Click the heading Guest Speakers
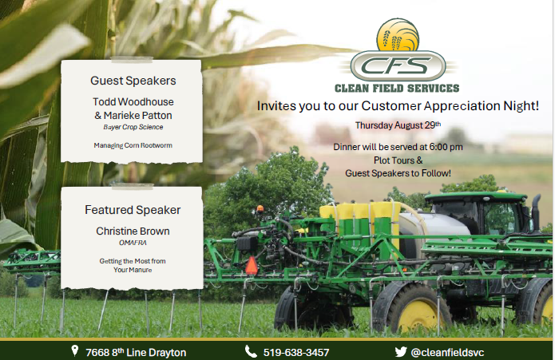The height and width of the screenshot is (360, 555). (x=133, y=81)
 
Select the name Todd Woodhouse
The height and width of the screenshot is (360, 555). (x=133, y=102)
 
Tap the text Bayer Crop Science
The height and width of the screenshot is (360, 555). (x=133, y=127)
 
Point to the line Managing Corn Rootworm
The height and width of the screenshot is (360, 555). (x=133, y=145)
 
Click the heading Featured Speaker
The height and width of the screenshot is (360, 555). (x=133, y=210)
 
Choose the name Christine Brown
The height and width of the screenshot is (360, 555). (x=133, y=231)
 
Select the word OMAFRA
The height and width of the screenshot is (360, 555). (x=133, y=243)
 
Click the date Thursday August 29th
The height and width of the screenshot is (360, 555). (x=397, y=126)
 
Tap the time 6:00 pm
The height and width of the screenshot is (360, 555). (x=443, y=148)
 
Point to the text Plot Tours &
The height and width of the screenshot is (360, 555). (x=398, y=160)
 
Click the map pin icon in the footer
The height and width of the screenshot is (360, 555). (x=74, y=351)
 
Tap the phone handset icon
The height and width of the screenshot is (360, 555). (x=251, y=351)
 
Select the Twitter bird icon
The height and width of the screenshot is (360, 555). (x=401, y=351)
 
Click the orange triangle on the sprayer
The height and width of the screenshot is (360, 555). (x=252, y=266)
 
